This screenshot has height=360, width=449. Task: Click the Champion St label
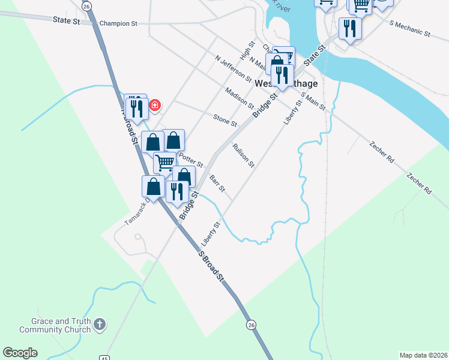click(119, 23)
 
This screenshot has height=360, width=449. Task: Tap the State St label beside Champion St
click(66, 20)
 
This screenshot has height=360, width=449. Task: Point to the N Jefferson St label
click(234, 67)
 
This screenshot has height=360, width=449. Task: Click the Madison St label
click(240, 97)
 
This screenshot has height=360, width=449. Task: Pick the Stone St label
click(225, 119)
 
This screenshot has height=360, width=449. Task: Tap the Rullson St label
click(244, 155)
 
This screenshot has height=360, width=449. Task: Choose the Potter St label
click(191, 159)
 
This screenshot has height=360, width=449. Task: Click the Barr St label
click(217, 183)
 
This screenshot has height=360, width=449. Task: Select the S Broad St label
click(211, 265)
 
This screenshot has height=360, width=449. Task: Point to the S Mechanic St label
click(410, 29)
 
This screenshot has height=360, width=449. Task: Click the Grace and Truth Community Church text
click(55, 325)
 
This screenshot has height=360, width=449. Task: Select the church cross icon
click(100, 325)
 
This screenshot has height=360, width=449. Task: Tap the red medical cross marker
click(155, 106)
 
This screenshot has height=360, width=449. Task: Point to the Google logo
click(20, 353)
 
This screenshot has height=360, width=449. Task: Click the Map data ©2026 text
click(423, 355)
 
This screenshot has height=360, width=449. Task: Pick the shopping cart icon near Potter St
click(164, 161)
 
